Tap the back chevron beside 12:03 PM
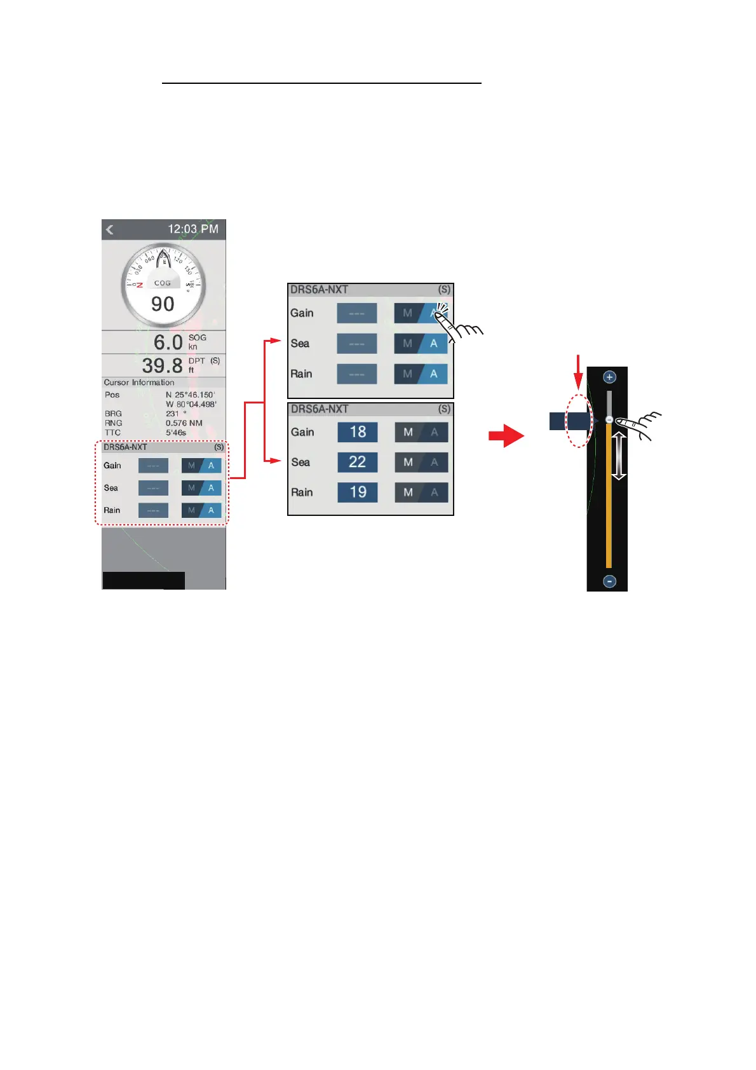(110, 229)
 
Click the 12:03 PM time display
(192, 229)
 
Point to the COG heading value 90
(163, 304)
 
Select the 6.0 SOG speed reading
(168, 342)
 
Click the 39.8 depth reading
(162, 365)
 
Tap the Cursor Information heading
(139, 383)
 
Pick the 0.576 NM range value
(184, 423)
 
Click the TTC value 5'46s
(176, 433)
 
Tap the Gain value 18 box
(358, 432)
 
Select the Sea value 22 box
(358, 462)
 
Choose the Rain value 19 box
(358, 492)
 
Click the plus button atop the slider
(609, 377)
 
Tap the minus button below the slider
(609, 581)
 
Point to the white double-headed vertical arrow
(619, 456)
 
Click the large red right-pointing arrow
(506, 437)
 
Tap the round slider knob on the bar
(609, 420)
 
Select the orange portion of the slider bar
(609, 502)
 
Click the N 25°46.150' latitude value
(191, 395)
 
